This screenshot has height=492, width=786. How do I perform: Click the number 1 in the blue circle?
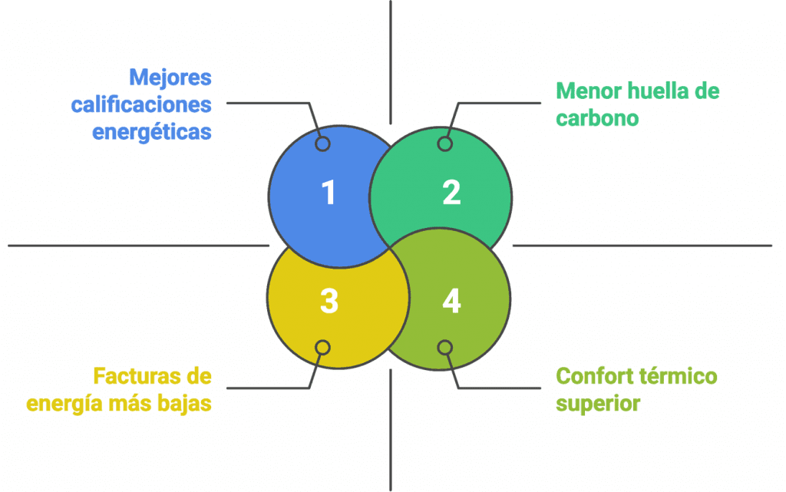click(329, 193)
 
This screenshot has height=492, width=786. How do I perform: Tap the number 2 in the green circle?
click(451, 193)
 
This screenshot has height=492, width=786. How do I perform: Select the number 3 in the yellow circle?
click(329, 301)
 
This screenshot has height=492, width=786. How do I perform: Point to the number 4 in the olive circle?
click(451, 301)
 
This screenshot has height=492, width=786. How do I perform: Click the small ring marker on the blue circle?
click(323, 144)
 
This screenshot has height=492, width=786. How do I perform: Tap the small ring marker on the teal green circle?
click(445, 144)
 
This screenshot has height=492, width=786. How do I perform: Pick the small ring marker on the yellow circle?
click(323, 348)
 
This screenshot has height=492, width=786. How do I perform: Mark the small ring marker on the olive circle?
click(445, 348)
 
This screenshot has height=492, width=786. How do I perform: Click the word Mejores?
click(170, 78)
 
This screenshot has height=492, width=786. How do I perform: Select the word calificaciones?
click(141, 104)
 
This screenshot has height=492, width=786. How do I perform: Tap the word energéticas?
click(152, 132)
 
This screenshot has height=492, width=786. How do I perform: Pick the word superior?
click(597, 404)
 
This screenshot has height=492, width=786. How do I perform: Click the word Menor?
click(586, 91)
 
